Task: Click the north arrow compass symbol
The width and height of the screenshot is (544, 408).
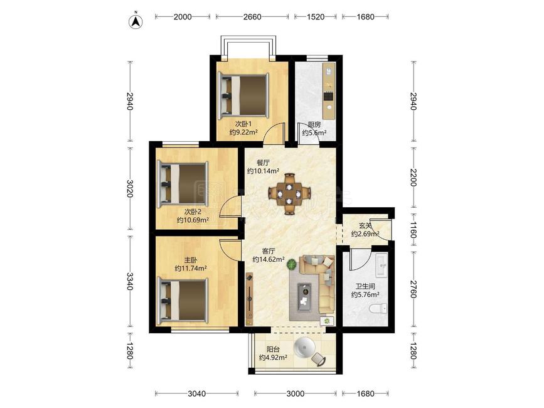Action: tap(136, 21)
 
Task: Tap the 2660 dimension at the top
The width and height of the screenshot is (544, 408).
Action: tap(252, 17)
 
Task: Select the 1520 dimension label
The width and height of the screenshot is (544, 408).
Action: tap(316, 17)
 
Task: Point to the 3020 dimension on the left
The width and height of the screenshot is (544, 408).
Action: tap(130, 188)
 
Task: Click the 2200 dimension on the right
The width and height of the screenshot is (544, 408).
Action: tap(413, 177)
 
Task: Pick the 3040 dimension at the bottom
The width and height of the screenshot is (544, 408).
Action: tap(197, 394)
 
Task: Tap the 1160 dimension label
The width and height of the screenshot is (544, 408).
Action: tap(413, 230)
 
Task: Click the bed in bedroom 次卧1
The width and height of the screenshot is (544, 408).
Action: tap(243, 95)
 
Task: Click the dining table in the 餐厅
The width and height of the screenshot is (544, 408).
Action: tap(289, 194)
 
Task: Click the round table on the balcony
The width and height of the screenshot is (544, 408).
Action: tap(304, 346)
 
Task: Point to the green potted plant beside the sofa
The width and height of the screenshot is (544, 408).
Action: tap(292, 264)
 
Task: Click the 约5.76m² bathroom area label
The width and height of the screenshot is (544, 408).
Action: tap(365, 295)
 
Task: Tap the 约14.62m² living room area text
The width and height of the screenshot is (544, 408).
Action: tap(269, 259)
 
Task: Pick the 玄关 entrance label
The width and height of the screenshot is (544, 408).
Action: tap(365, 226)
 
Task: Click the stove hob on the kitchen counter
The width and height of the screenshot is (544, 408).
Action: tap(328, 96)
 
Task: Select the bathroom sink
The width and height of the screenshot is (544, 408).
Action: tap(382, 266)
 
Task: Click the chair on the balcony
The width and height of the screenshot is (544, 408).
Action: tap(319, 358)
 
